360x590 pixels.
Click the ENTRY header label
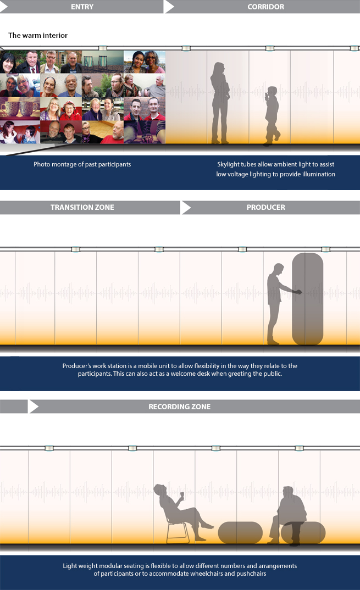(x=82, y=7)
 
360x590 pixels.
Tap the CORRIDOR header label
(x=266, y=7)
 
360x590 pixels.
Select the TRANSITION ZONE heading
(x=82, y=207)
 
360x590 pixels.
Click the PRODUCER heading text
(x=266, y=207)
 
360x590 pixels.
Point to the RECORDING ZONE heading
(x=180, y=407)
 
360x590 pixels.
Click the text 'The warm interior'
(x=38, y=35)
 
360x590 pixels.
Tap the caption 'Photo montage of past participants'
(x=82, y=164)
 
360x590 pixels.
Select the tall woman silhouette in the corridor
(x=220, y=103)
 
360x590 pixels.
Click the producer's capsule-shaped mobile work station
(x=308, y=299)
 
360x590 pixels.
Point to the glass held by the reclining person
(x=182, y=495)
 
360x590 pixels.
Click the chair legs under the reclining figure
(x=178, y=531)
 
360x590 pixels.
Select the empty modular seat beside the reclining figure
(x=240, y=532)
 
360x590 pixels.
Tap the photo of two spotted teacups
(x=20, y=108)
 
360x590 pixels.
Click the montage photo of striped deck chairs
(x=102, y=62)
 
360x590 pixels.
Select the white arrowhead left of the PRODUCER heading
(x=186, y=208)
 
